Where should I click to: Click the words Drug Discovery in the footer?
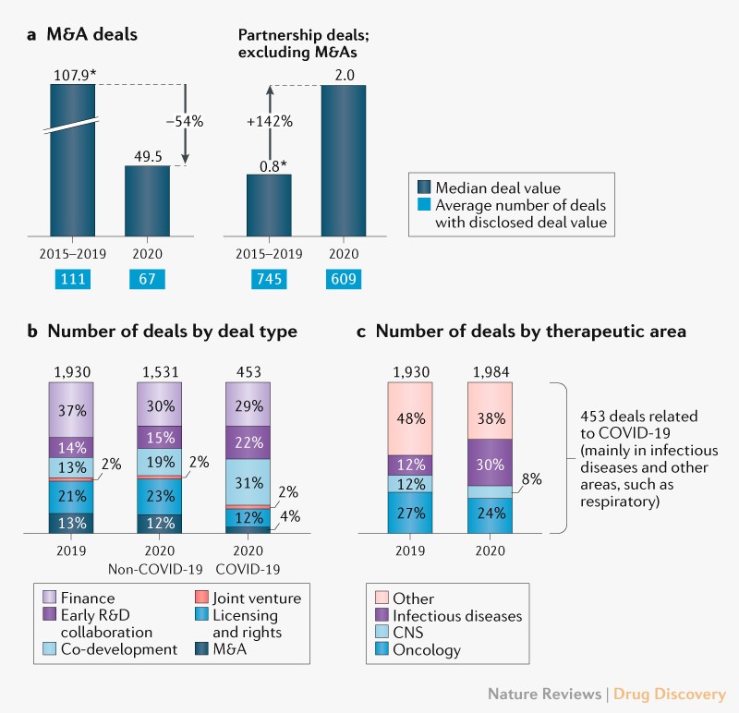(x=673, y=693)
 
